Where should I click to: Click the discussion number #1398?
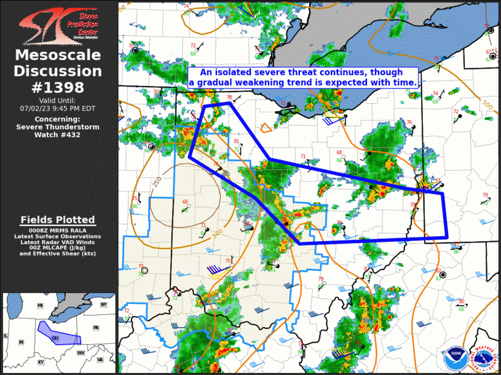58,87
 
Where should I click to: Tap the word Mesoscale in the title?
58,55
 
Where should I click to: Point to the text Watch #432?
58,134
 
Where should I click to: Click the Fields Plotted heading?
58,220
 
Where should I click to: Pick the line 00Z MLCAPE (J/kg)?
58,247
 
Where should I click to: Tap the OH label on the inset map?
55,338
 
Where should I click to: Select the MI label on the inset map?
41,305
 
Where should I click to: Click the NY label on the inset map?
103,304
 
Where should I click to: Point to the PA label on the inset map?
96,328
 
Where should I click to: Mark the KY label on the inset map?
41,362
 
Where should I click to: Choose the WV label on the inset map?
81,353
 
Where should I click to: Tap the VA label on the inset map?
100,360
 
